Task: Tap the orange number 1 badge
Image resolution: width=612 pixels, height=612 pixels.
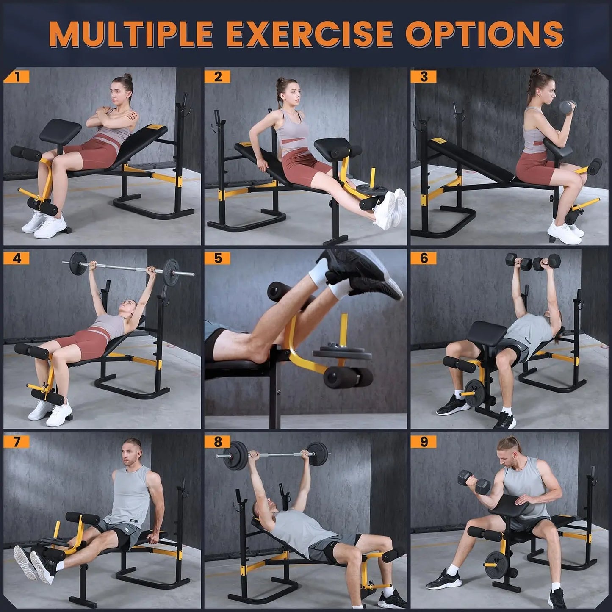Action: pos(17,76)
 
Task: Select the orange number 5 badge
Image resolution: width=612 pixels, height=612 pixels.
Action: pos(218,258)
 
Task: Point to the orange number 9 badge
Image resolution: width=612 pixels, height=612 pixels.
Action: pos(424,442)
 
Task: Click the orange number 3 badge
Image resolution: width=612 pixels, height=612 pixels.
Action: pos(424,76)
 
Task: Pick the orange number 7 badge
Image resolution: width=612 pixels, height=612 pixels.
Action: pos(17,442)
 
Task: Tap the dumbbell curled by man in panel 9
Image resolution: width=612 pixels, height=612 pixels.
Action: pos(474,483)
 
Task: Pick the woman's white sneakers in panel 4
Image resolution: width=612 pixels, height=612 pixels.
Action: pos(49,412)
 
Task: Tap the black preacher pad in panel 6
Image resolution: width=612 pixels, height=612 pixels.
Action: pos(487,335)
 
